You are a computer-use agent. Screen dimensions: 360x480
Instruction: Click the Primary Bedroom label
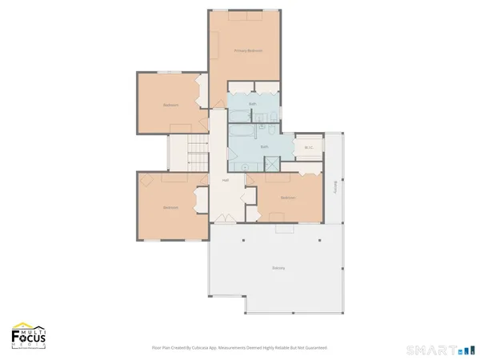click(248, 50)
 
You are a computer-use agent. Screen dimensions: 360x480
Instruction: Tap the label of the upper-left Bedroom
click(170, 105)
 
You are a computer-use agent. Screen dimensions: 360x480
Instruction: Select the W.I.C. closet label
click(307, 147)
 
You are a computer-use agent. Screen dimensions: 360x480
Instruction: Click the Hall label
click(226, 180)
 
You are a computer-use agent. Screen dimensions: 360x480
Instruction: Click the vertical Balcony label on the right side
click(334, 186)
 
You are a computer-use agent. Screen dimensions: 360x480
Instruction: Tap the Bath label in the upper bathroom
click(253, 104)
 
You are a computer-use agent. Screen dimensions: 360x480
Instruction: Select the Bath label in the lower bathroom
click(264, 147)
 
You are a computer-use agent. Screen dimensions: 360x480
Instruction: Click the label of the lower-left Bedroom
click(170, 208)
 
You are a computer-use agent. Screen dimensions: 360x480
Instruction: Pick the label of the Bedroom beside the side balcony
click(288, 198)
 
